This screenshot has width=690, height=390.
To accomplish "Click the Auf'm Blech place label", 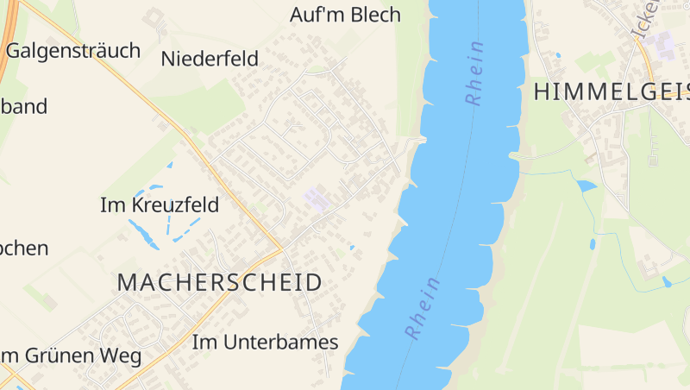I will click(345, 15).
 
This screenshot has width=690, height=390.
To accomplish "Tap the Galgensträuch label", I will click(72, 51).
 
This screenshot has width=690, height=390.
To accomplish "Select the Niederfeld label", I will click(210, 59).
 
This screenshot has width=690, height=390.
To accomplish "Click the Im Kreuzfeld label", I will click(160, 205).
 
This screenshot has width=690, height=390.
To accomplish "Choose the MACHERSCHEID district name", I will click(219, 282).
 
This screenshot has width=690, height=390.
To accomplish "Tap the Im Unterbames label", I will click(265, 342).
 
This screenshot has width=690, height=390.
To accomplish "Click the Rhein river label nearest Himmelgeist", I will click(475, 73).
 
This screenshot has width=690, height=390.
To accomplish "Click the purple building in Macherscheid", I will click(317, 200).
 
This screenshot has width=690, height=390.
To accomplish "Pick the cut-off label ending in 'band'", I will click(23, 107).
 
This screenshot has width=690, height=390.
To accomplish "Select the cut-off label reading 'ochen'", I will click(23, 248).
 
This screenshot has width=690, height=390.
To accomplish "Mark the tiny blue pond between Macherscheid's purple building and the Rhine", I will click(351, 248).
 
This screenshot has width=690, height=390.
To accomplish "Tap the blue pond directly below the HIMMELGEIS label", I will click(586, 186).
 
